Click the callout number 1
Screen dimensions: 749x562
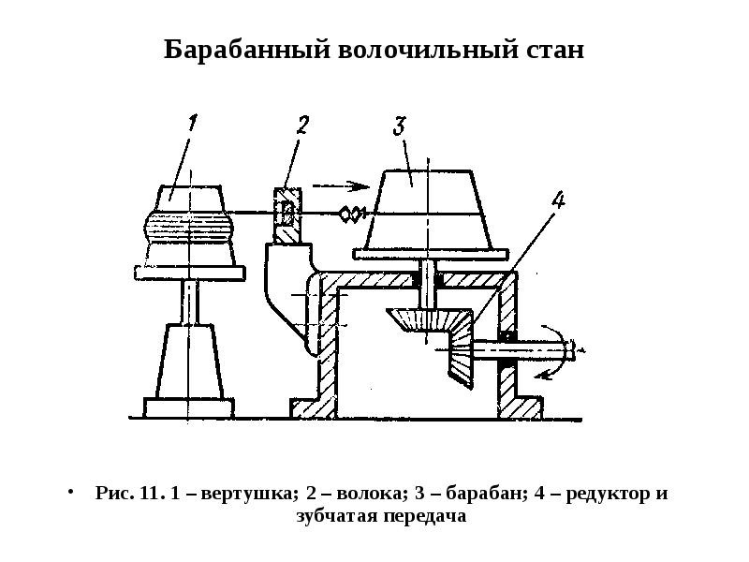pos(192,123)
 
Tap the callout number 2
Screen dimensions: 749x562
pos(301,125)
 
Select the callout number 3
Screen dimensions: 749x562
pos(400,126)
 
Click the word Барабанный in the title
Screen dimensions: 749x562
pos(247,50)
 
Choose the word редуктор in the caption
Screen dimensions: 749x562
pos(608,493)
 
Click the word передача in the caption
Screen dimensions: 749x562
pos(426,516)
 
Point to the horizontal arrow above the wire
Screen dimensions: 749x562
pos(341,185)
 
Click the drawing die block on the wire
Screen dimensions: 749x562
pos(287,214)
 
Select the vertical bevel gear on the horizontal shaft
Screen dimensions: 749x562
pos(461,347)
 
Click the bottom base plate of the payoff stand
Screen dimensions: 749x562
pos(189,407)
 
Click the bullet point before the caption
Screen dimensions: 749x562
pos(71,492)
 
